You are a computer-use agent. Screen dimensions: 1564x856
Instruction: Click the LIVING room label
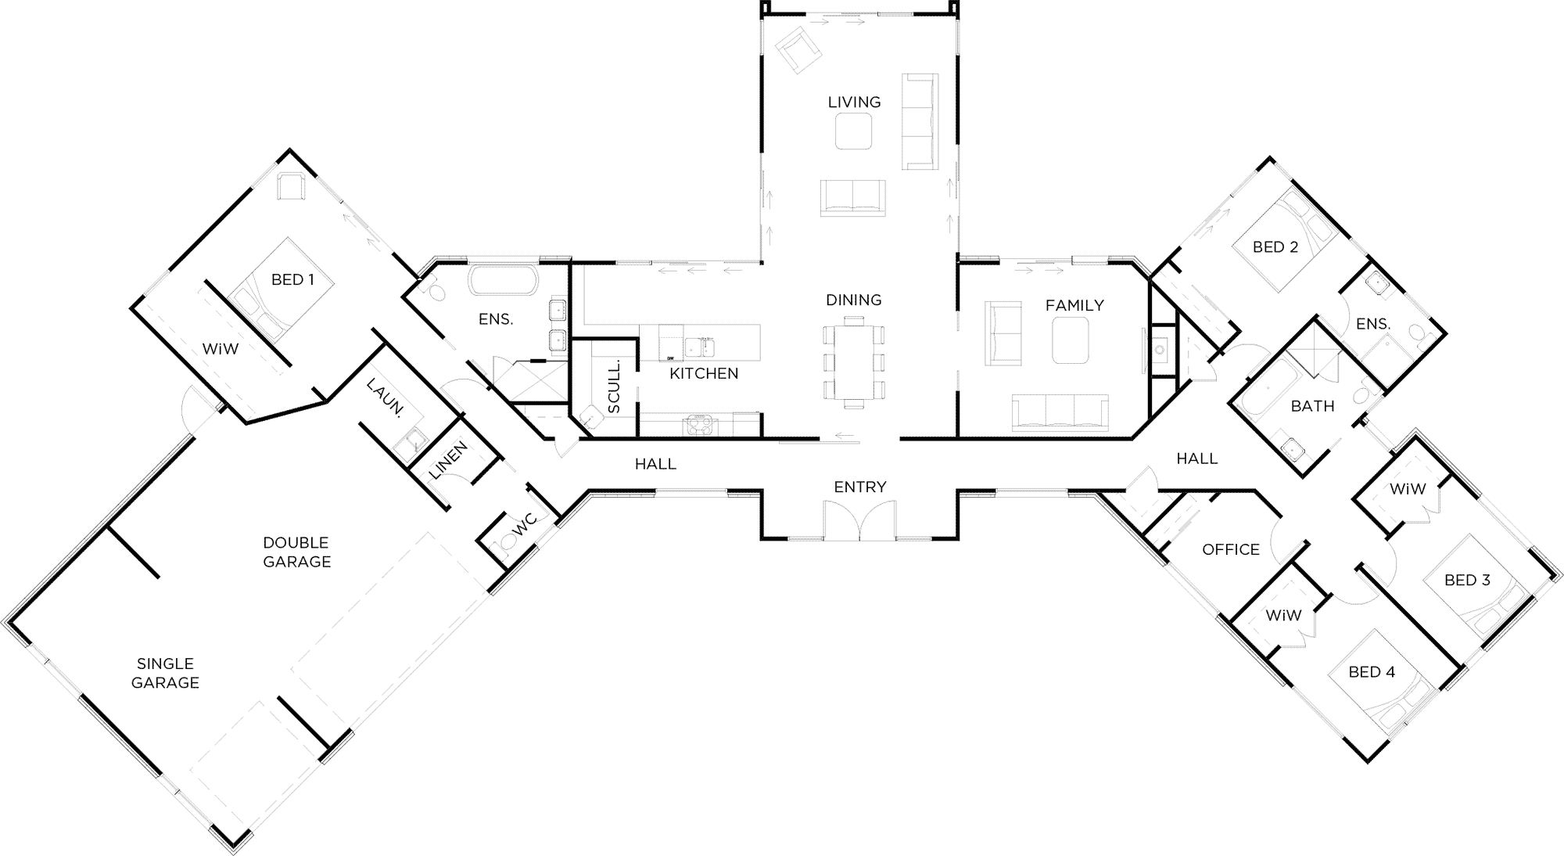click(854, 102)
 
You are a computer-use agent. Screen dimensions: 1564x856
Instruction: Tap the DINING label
click(853, 300)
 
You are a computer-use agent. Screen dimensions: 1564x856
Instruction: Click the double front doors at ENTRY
click(859, 520)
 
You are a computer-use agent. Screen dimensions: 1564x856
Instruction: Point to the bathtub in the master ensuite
click(503, 281)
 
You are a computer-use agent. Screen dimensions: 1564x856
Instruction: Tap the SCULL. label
click(614, 387)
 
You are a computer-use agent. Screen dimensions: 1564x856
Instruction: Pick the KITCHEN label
click(704, 373)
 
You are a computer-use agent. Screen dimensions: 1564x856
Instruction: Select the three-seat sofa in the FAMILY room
click(1060, 413)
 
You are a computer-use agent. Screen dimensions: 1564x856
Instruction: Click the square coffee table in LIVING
click(854, 131)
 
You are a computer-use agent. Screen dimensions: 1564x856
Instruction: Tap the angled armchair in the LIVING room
click(798, 49)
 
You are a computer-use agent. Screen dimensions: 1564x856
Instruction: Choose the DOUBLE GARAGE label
click(296, 552)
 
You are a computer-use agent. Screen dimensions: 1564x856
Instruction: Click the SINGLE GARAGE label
click(165, 673)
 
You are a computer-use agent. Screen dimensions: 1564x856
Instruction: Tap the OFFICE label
click(1231, 550)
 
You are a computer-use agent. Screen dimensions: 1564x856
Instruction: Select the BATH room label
click(1313, 406)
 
